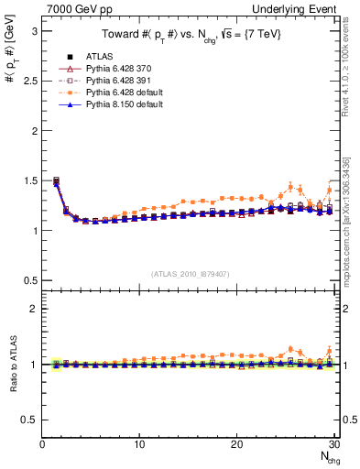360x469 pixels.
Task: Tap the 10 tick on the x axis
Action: [x=139, y=444]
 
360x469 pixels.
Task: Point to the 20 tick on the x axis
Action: [x=236, y=444]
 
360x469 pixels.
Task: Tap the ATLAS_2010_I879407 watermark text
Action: [x=189, y=273]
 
